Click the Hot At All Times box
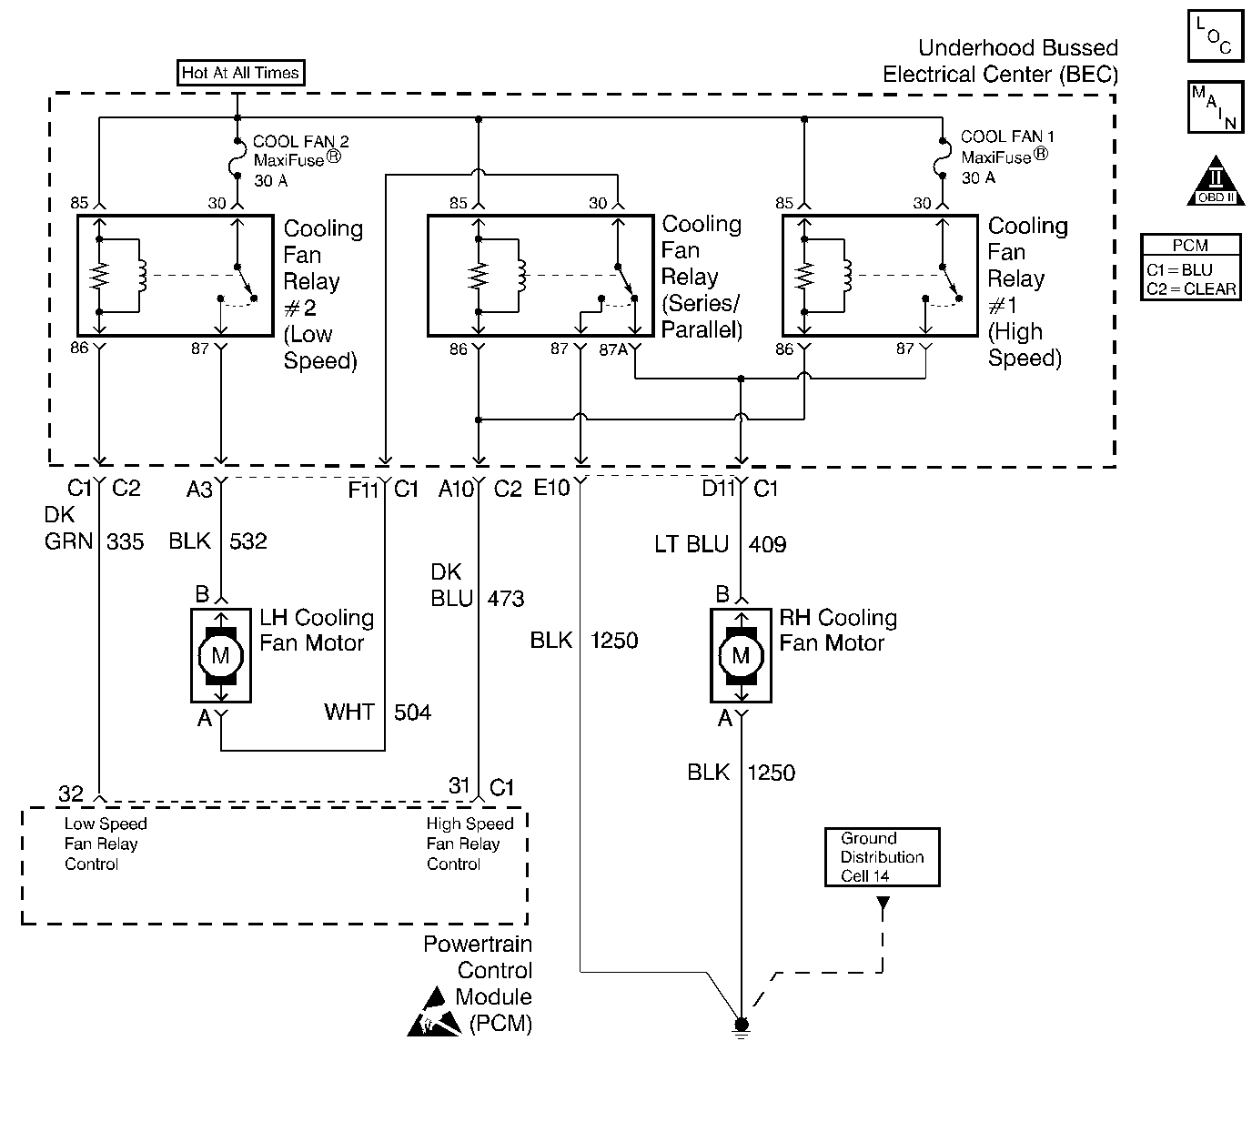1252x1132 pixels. (240, 73)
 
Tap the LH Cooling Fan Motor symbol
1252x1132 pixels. (221, 655)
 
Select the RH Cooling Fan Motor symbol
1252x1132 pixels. (741, 655)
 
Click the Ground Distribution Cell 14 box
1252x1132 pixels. (881, 857)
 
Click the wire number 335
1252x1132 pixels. (126, 541)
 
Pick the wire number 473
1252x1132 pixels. (506, 599)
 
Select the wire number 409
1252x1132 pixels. (767, 544)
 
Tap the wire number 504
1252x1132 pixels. (412, 712)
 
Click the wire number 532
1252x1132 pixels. (247, 541)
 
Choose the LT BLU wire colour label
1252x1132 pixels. (692, 544)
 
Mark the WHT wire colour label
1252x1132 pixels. (349, 712)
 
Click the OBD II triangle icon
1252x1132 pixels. (1216, 182)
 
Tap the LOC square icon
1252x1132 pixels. (1215, 36)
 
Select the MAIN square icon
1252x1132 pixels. (1215, 107)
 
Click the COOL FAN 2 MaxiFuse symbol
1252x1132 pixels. (237, 160)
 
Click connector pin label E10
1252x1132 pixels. (551, 488)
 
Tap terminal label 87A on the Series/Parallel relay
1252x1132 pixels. (612, 349)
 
